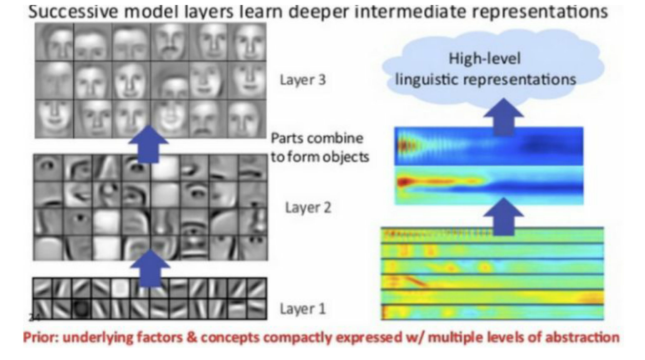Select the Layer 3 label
303,80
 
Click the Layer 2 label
308,207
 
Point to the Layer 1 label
303,309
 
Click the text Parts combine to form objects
319,147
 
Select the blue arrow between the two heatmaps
503,216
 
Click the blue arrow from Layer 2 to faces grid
149,144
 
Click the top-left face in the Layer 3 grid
54,42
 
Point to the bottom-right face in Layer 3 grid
247,119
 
